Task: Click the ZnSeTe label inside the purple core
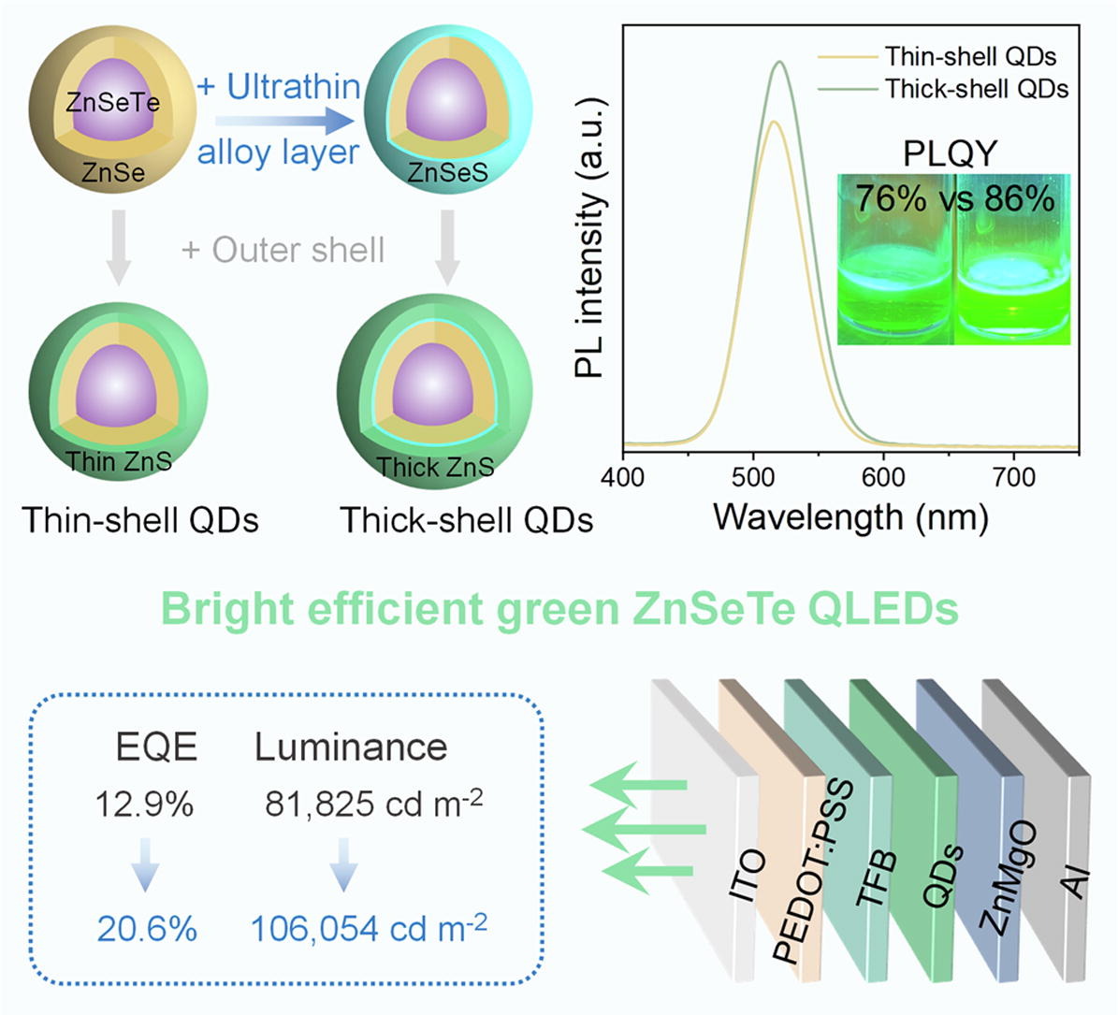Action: [x=112, y=103]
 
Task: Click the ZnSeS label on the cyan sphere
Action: [x=446, y=172]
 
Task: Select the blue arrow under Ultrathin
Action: [x=284, y=121]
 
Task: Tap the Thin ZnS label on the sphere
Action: [x=118, y=461]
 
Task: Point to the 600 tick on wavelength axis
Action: [x=883, y=477]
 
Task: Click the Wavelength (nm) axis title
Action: [x=850, y=516]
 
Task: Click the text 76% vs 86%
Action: [x=954, y=199]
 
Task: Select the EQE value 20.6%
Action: [x=147, y=929]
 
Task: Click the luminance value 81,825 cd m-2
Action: [x=373, y=804]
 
